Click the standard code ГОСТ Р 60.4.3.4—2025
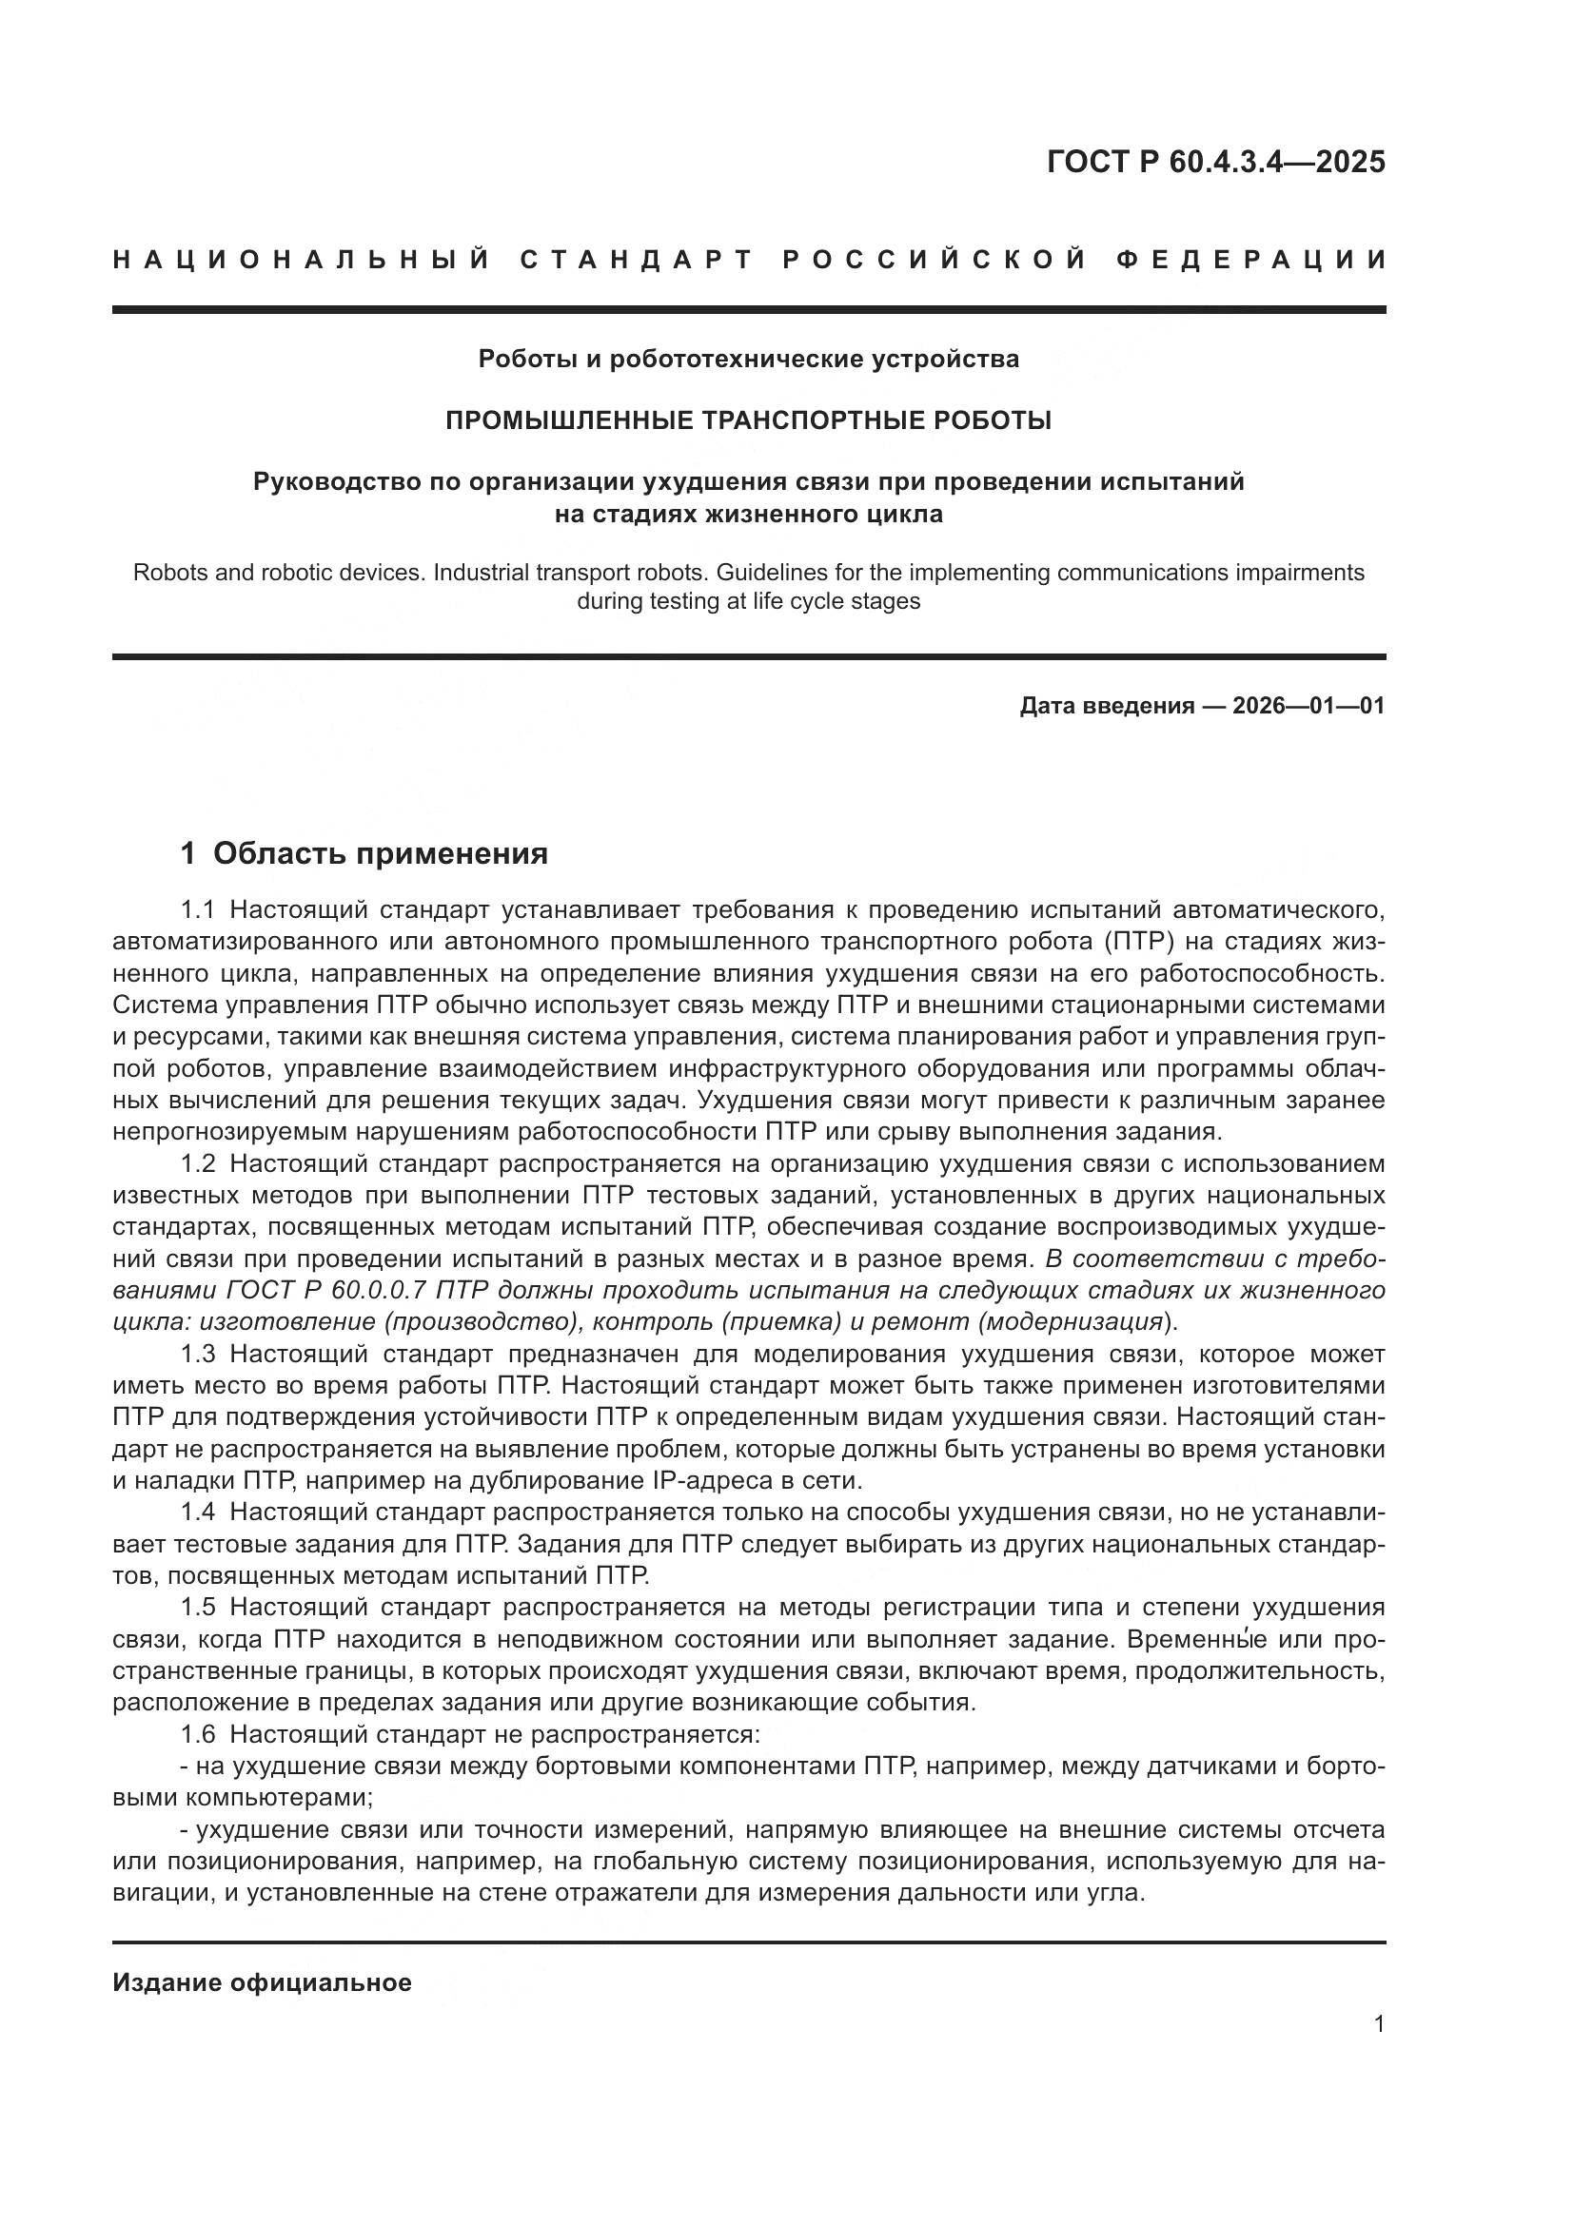pyautogui.click(x=1215, y=162)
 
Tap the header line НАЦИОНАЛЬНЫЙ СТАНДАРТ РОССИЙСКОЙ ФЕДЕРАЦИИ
pyautogui.click(x=748, y=260)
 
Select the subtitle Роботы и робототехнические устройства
pyautogui.click(x=748, y=360)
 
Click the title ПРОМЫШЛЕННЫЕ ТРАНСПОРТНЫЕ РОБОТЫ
pyautogui.click(x=748, y=420)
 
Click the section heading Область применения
pyautogui.click(x=380, y=853)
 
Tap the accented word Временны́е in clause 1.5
pyautogui.click(x=1200, y=1640)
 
